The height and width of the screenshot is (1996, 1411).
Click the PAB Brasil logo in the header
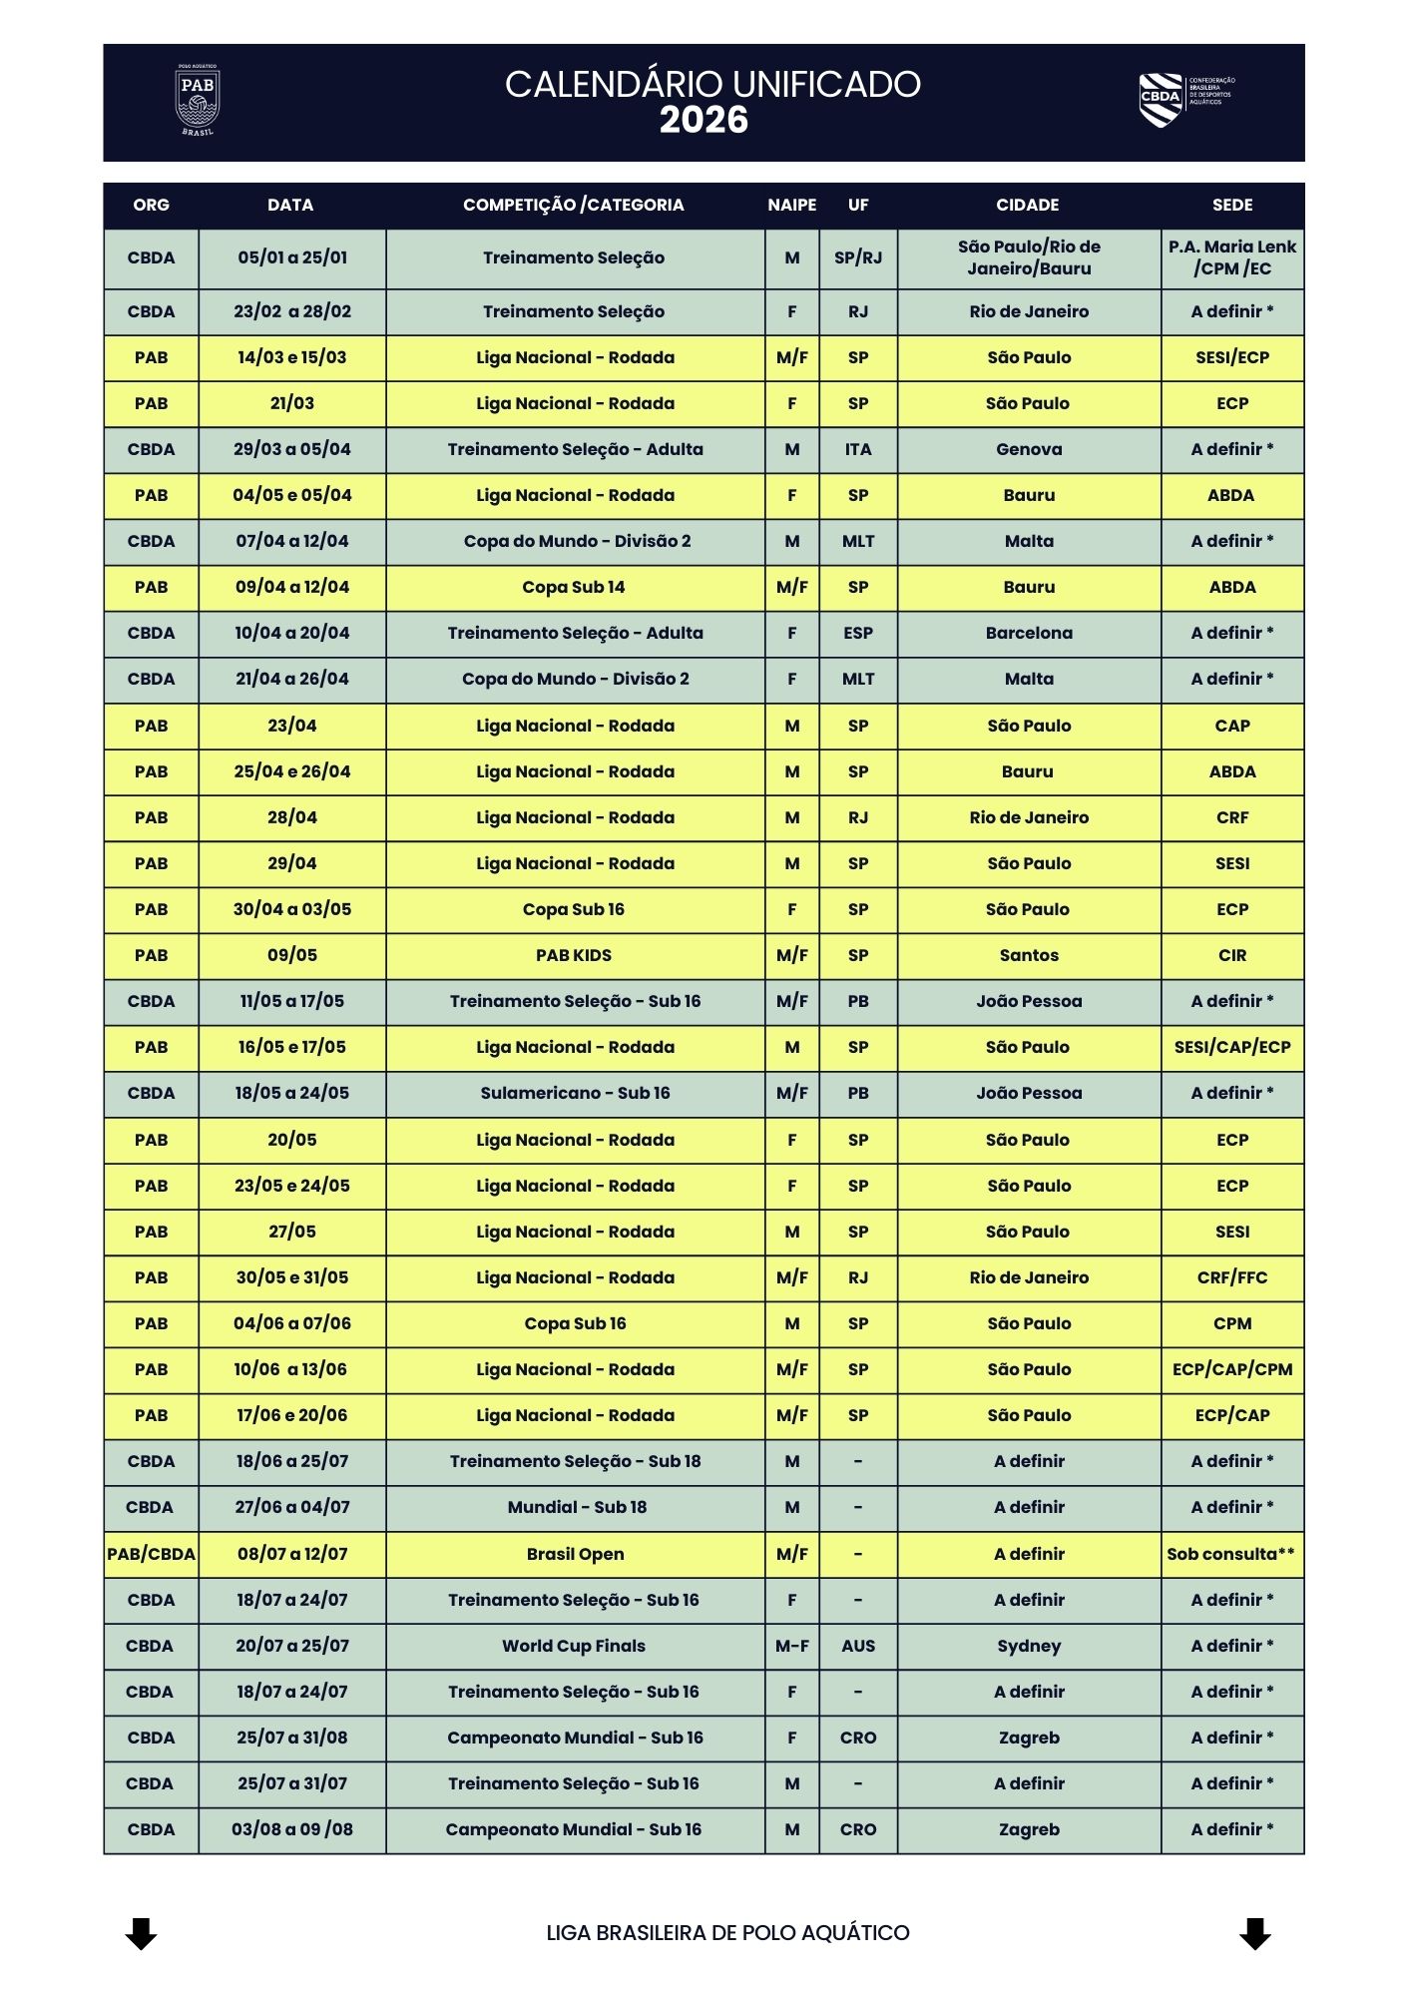[198, 101]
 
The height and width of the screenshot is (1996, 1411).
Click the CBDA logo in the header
[1185, 99]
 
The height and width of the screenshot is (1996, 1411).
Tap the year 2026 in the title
[704, 121]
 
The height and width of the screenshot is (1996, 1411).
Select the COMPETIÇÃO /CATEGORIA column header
[574, 205]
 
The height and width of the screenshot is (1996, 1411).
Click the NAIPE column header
[792, 205]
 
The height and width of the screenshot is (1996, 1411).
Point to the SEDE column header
[1232, 205]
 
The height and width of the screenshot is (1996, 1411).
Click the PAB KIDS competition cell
[574, 955]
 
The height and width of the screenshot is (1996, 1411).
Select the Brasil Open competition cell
[576, 1554]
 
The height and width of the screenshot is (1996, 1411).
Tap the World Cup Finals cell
[574, 1646]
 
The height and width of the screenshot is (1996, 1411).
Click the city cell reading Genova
[1029, 449]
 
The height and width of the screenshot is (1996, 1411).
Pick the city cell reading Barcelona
[1029, 633]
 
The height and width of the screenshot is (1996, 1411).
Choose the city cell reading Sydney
[1029, 1646]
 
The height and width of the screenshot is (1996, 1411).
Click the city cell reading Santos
[1029, 955]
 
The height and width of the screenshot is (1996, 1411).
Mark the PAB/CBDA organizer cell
[152, 1554]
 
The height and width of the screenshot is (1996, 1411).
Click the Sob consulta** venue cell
[1231, 1554]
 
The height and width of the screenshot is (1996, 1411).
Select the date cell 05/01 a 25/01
[292, 257]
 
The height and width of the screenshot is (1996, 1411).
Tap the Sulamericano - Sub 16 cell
[575, 1093]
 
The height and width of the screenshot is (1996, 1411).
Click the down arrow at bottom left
[141, 1933]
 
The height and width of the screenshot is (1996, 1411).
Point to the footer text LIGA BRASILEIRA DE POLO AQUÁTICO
[727, 1933]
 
